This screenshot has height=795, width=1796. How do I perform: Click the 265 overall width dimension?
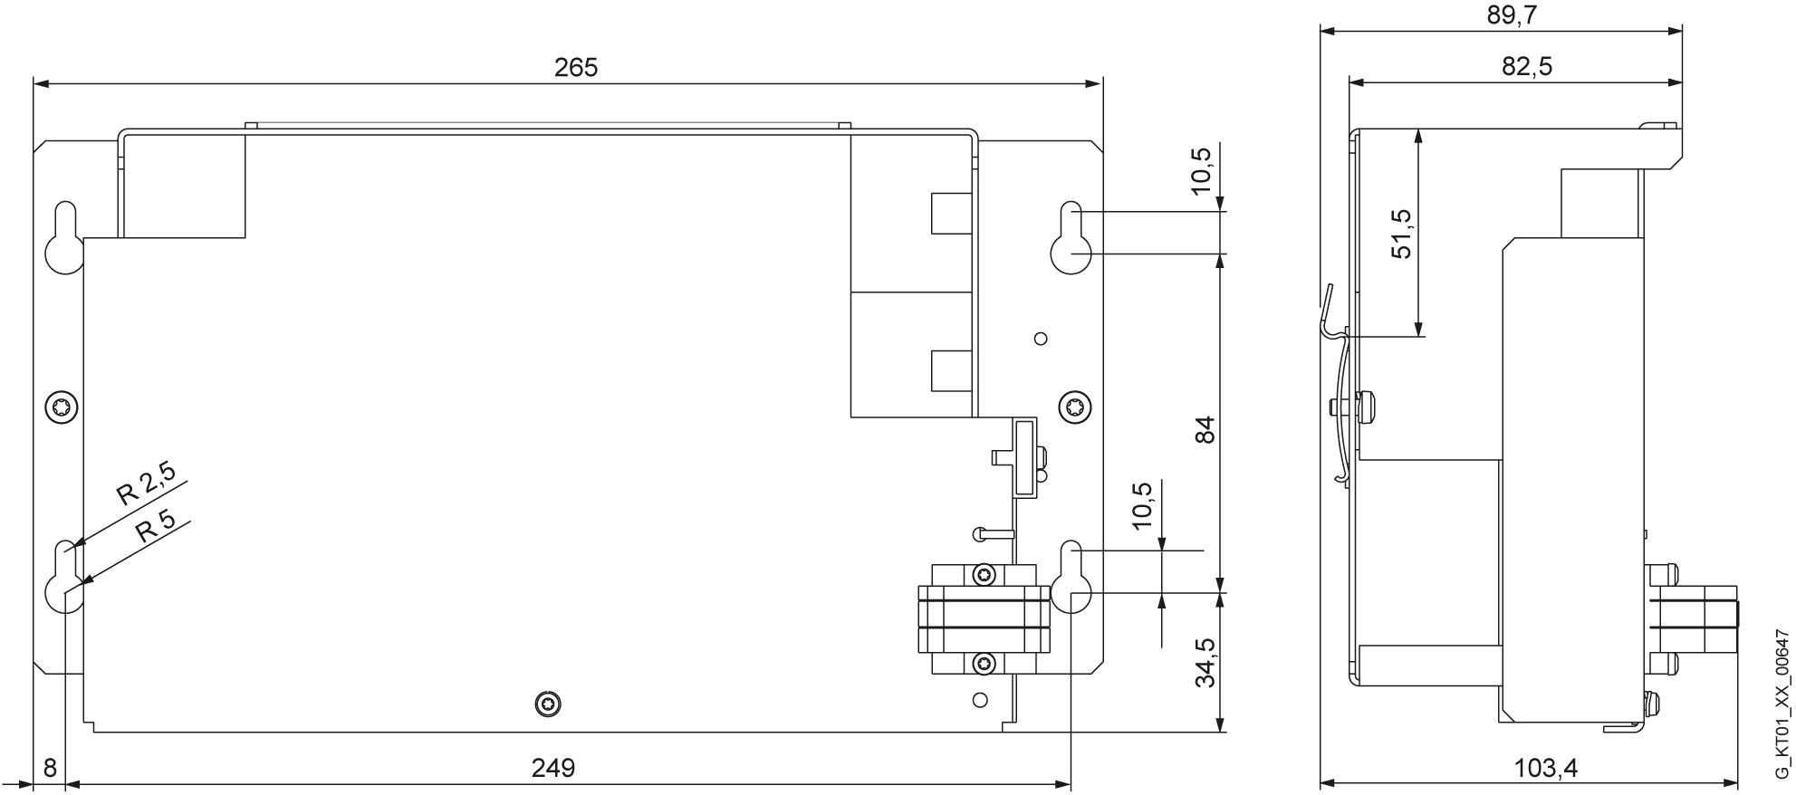click(576, 68)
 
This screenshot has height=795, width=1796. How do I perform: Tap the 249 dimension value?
click(552, 768)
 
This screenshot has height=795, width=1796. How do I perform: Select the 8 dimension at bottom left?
click(50, 768)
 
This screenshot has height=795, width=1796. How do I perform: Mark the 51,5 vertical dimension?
click(1400, 234)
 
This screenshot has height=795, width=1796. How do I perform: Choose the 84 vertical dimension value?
click(1204, 429)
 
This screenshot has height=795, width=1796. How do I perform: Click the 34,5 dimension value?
click(1205, 663)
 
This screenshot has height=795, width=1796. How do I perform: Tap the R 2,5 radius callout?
click(146, 481)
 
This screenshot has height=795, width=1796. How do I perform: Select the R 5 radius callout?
click(155, 529)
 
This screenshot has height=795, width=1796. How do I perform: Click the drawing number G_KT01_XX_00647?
click(1782, 704)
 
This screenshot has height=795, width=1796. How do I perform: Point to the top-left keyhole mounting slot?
click(63, 237)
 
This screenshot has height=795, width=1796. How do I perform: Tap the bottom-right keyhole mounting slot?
click(1071, 577)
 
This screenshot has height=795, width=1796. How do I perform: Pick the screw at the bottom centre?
click(547, 704)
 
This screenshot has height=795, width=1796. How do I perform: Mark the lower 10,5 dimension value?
click(1142, 505)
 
